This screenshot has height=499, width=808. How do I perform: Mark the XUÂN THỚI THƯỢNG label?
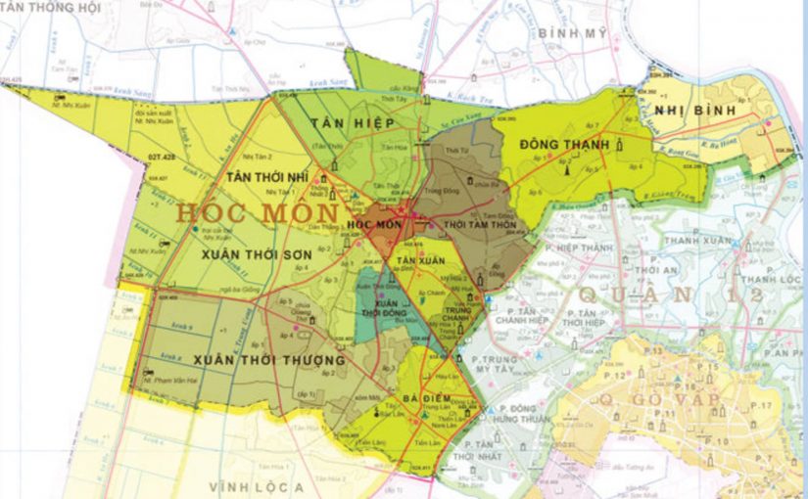pyautogui.click(x=268, y=360)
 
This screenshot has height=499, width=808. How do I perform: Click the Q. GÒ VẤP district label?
pyautogui.click(x=667, y=398)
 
